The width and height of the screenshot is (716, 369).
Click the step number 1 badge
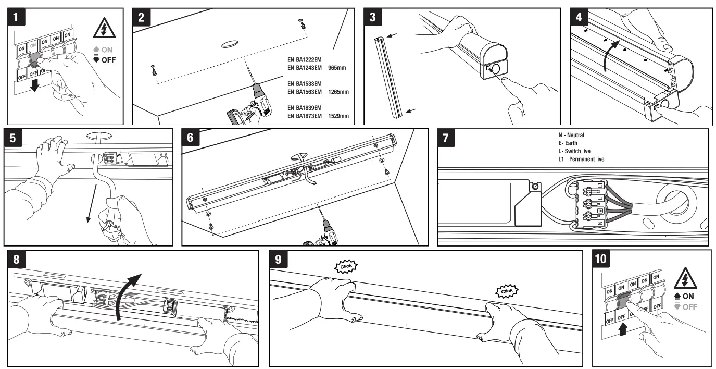pos(17,17)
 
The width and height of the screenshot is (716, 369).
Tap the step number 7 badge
pos(447,138)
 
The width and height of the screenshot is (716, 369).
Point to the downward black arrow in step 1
pos(34,85)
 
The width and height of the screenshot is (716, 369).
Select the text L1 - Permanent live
pos(581,158)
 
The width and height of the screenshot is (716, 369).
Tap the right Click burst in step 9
pos(506,290)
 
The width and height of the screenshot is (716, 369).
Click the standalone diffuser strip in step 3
pos(388,76)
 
